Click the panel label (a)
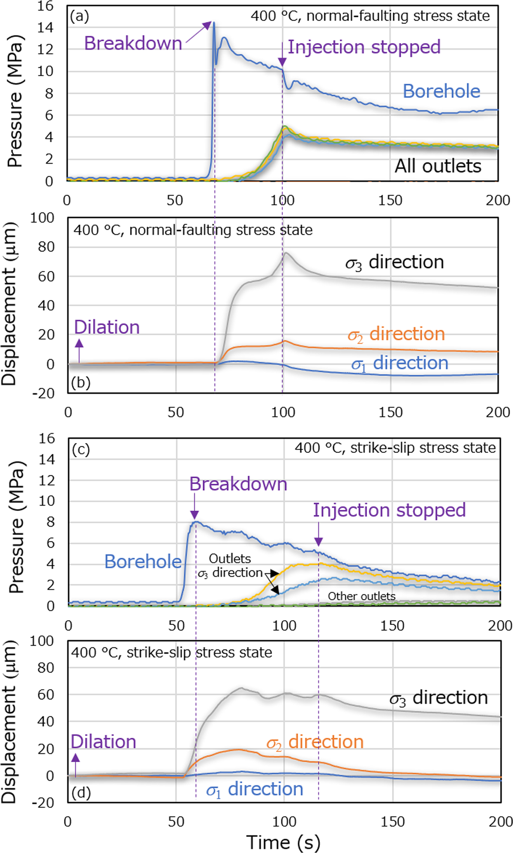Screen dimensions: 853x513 [79, 16]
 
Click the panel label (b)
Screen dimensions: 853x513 [80, 382]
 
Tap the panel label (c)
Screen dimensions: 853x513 [80, 449]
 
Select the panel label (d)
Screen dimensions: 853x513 [80, 792]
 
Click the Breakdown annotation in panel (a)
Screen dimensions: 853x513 [133, 43]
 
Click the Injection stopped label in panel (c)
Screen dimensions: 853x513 [389, 510]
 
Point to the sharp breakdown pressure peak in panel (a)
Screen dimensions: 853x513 [213, 23]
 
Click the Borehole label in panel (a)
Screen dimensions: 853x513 [441, 91]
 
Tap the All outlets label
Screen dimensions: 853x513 [437, 166]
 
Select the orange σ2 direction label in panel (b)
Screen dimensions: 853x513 [396, 334]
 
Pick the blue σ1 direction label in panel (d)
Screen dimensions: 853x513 [255, 789]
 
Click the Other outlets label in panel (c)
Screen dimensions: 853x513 [362, 596]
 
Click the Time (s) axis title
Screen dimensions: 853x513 [283, 842]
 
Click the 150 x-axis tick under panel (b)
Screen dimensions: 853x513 [390, 412]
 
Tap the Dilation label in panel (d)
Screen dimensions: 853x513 [103, 742]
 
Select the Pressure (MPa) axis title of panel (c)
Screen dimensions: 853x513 [16, 527]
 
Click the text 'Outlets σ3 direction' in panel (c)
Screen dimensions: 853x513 [230, 566]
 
